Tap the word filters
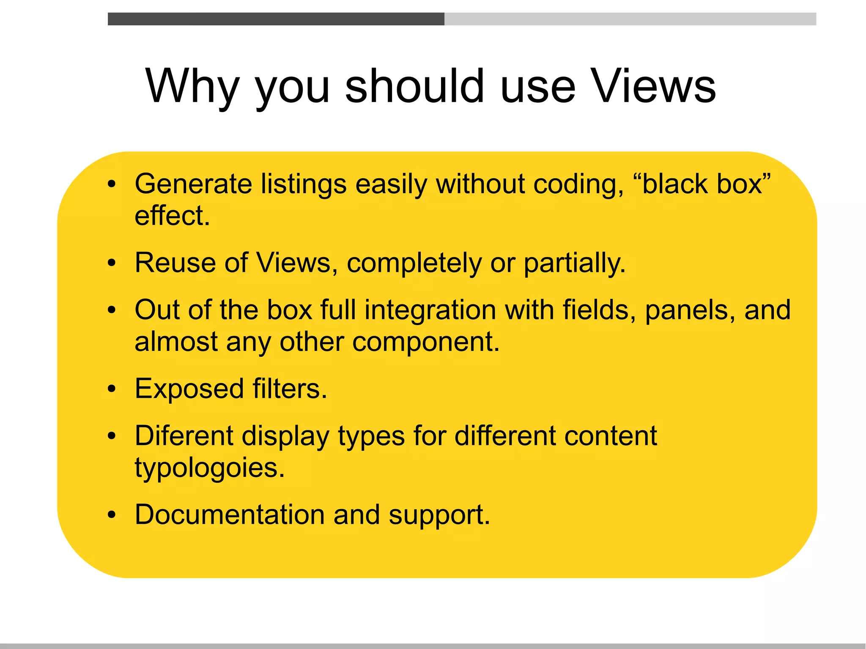(290, 389)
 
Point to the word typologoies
(210, 468)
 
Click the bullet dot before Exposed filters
(111, 389)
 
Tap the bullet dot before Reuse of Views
(111, 263)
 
